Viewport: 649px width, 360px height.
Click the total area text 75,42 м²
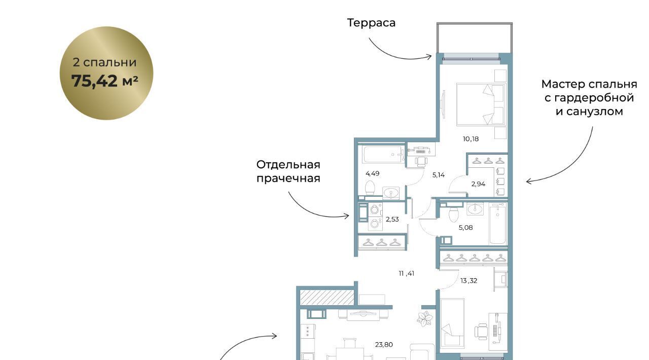pyautogui.click(x=104, y=81)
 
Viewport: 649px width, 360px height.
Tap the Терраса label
pyautogui.click(x=371, y=23)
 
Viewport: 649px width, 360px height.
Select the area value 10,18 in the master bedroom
pyautogui.click(x=471, y=139)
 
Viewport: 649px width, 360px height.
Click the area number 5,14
pyautogui.click(x=439, y=175)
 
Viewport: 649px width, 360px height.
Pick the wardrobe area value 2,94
pyautogui.click(x=478, y=184)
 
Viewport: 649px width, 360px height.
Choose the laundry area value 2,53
pyautogui.click(x=392, y=219)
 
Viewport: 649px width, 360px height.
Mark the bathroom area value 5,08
pyautogui.click(x=465, y=228)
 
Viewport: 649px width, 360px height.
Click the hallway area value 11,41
pyautogui.click(x=407, y=273)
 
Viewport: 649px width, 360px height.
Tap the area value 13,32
pyautogui.click(x=468, y=280)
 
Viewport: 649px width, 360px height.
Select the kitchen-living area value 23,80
pyautogui.click(x=384, y=345)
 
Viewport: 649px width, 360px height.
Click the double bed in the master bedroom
pyautogui.click(x=481, y=104)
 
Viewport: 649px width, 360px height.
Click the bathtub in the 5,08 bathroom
pyautogui.click(x=498, y=223)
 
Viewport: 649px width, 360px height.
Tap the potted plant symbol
pyautogui.click(x=425, y=319)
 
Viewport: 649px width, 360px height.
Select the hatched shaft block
pyautogui.click(x=327, y=297)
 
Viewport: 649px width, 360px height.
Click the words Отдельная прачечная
pyautogui.click(x=289, y=171)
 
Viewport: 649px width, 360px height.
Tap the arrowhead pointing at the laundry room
pyautogui.click(x=347, y=216)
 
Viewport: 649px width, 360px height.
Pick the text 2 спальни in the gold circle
pyautogui.click(x=104, y=62)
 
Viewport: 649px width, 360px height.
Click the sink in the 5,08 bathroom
pyautogui.click(x=475, y=209)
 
